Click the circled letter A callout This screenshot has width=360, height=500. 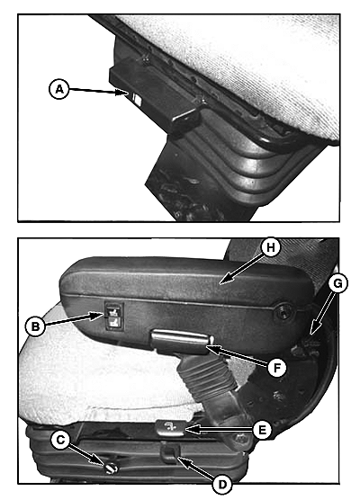(58, 89)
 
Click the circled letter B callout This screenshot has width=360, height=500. (35, 326)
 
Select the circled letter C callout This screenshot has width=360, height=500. (60, 440)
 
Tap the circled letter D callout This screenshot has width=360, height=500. (222, 485)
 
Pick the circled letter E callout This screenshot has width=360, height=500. (262, 430)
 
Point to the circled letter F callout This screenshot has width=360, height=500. (276, 368)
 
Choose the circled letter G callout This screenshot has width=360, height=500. (337, 283)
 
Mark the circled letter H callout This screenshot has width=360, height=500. (270, 247)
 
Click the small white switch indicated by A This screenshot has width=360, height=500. (137, 98)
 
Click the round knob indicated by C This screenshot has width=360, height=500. (111, 468)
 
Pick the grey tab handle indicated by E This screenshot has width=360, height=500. (170, 428)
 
